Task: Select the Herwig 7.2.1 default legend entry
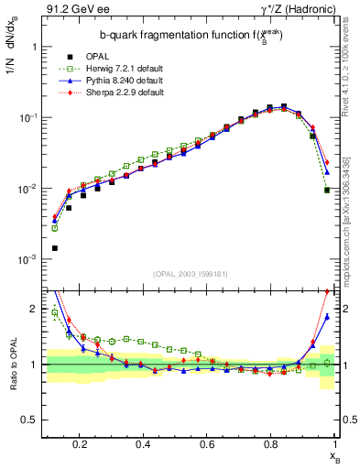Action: pos(115,70)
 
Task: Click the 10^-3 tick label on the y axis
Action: pos(27,260)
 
